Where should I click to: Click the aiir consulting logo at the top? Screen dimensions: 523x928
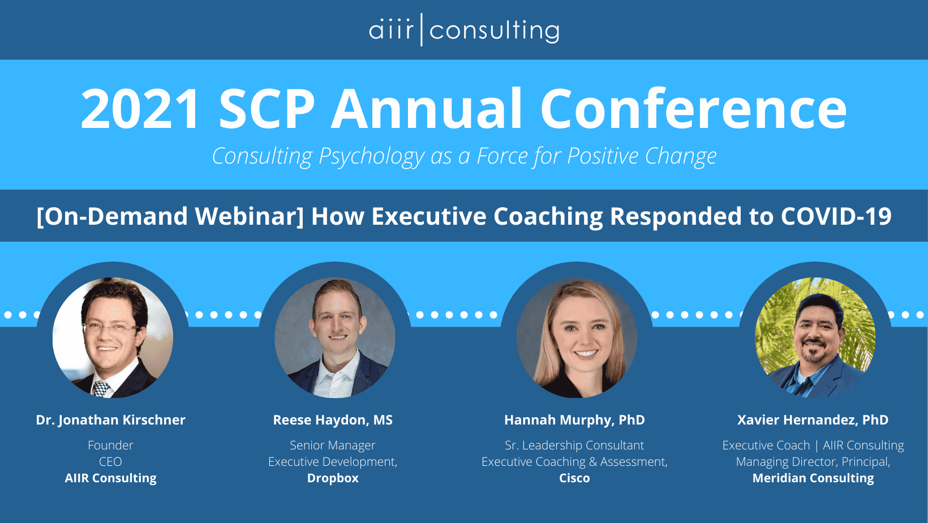tap(464, 30)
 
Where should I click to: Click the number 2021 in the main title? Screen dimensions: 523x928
tap(140, 109)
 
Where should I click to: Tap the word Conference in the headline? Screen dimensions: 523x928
tap(693, 109)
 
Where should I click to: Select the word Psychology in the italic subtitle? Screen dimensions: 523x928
tap(371, 157)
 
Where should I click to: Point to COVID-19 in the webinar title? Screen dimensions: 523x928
tap(836, 216)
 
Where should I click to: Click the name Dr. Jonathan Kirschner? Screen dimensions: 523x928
tap(110, 420)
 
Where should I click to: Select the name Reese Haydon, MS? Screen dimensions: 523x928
tap(333, 420)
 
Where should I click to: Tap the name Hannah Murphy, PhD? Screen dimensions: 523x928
tap(574, 420)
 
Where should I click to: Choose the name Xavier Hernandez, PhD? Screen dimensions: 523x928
tap(813, 420)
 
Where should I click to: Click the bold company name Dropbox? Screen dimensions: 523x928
tap(333, 478)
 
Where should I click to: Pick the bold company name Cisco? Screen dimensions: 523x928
tap(574, 478)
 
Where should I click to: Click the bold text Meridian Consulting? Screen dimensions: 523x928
tap(813, 478)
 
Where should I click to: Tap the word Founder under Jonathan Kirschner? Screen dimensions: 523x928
tap(110, 445)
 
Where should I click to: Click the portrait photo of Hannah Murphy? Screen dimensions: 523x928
tap(577, 338)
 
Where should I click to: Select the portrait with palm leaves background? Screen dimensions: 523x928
tap(815, 338)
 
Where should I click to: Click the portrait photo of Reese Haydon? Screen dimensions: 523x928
tap(335, 338)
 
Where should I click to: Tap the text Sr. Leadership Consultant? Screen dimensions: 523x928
tap(574, 445)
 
